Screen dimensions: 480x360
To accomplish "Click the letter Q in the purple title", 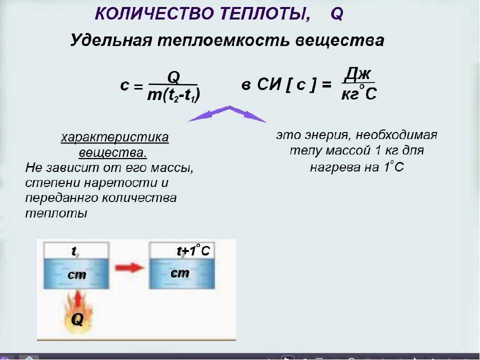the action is [x=337, y=14].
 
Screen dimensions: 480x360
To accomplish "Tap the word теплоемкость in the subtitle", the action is [x=223, y=40].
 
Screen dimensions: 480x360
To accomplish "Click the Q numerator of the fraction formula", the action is [x=173, y=77].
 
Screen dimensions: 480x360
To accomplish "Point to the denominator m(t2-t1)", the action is [x=173, y=94].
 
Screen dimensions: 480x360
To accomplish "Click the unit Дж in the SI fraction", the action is [x=357, y=74].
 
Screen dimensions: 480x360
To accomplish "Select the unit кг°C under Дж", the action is [x=359, y=93].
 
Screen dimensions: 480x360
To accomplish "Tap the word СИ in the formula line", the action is [x=269, y=84].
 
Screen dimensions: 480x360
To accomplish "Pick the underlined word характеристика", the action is [x=115, y=137].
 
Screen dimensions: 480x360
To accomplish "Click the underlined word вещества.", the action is [x=112, y=152].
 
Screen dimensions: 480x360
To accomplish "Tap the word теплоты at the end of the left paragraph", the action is [x=56, y=213].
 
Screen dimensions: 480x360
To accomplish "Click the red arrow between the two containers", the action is [x=129, y=267].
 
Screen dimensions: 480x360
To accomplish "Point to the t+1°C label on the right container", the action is [x=193, y=250].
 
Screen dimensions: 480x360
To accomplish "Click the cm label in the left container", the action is [x=76, y=274].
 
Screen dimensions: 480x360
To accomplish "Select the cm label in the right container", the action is [x=179, y=273].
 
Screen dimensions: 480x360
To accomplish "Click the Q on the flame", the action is [x=77, y=319].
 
